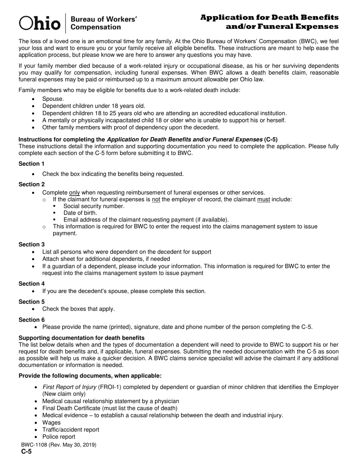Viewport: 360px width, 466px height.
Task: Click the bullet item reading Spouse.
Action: coord(53,99)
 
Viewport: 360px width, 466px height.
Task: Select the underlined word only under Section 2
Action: coord(74,192)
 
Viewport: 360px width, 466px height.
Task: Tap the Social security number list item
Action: coord(94,206)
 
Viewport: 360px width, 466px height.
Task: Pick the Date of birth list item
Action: coord(80,213)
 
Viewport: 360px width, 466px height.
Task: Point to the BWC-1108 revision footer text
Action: coord(57,445)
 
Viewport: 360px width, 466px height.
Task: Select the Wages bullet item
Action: coord(51,422)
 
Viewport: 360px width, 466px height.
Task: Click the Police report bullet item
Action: coord(59,436)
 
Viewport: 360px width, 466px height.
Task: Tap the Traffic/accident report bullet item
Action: coord(70,430)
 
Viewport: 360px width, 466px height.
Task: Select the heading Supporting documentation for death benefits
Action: coord(81,338)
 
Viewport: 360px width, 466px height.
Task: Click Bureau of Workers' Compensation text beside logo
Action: coord(104,23)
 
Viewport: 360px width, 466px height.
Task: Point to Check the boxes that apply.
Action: coord(78,309)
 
